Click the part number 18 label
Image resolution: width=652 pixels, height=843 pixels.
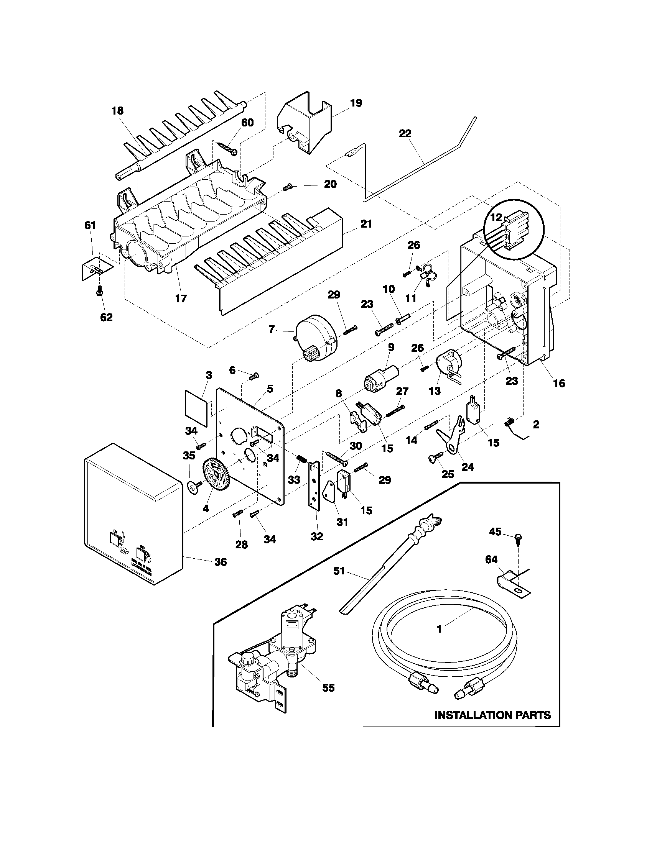(x=117, y=111)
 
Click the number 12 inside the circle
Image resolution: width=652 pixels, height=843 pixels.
(x=496, y=218)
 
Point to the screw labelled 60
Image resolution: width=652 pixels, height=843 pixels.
(x=228, y=149)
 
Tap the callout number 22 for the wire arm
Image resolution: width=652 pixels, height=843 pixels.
(x=405, y=134)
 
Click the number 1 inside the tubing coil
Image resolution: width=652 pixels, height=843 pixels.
(x=438, y=629)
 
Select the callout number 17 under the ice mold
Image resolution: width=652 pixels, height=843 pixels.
(x=181, y=298)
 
